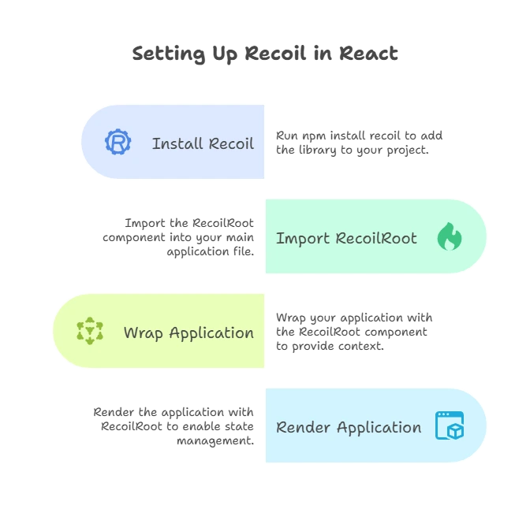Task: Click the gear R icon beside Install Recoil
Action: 118,143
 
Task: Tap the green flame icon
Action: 450,237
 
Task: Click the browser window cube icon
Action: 450,425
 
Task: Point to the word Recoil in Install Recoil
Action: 232,143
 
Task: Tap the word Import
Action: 302,238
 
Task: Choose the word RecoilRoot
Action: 375,238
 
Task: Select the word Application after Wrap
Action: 211,333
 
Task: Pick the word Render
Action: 303,427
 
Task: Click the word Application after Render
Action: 379,428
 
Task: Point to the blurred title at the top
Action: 267,54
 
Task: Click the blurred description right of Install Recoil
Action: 360,142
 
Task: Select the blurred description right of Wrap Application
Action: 353,331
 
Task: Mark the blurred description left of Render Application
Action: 174,424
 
